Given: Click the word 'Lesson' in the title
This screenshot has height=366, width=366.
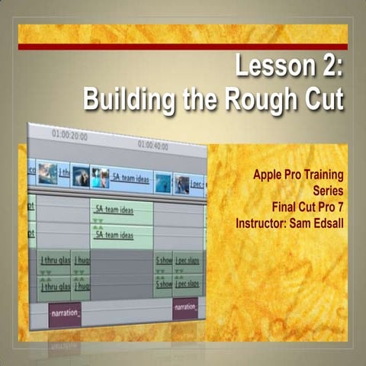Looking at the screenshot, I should click(x=270, y=68).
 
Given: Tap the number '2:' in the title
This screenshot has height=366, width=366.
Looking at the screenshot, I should click(x=327, y=68).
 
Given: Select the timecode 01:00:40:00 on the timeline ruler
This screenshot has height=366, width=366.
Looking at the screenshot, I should click(x=156, y=143).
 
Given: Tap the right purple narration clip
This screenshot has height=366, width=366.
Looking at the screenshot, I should click(x=185, y=308).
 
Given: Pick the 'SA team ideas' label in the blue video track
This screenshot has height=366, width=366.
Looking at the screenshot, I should click(x=130, y=178).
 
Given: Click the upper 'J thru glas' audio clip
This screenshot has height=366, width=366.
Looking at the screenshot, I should click(x=54, y=260).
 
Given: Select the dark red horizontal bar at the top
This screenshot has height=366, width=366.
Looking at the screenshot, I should click(x=182, y=47).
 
